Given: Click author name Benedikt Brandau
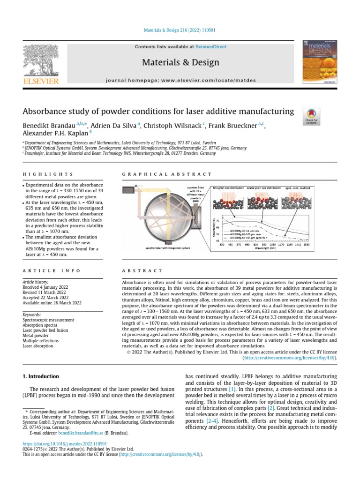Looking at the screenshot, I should coord(47,126).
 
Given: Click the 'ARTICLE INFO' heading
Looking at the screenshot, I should coord(52,271).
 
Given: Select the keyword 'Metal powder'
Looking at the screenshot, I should coord(36,336).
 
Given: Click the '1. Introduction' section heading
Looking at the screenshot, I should coord(41,376).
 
